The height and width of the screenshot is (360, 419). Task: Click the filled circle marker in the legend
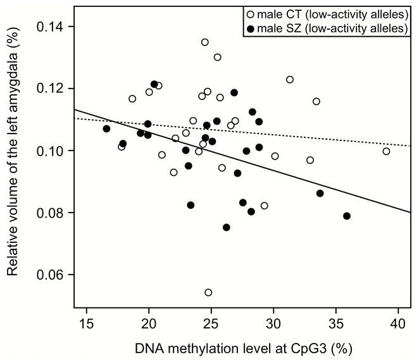tap(251, 28)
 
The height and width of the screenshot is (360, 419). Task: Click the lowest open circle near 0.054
tap(208, 292)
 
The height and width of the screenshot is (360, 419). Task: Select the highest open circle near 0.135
tap(205, 42)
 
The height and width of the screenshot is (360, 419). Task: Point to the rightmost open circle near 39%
tap(386, 151)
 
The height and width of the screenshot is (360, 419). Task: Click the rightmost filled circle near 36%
tap(347, 216)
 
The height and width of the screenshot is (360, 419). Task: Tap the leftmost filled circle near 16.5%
tap(106, 128)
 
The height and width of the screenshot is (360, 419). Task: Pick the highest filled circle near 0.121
tap(154, 84)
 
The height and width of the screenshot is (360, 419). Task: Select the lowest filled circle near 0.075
tap(227, 227)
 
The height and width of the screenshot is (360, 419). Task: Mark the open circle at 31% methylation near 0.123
tap(290, 80)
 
